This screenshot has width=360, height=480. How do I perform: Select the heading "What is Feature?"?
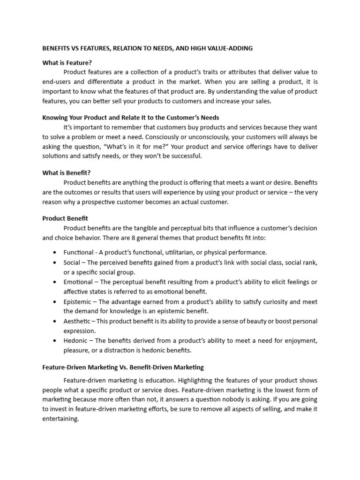tap(67, 62)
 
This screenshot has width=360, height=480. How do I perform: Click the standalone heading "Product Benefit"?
tap(65, 218)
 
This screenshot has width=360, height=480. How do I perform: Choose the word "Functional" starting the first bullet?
tap(78, 252)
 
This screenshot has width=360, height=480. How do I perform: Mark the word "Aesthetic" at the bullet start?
tap(77, 321)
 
